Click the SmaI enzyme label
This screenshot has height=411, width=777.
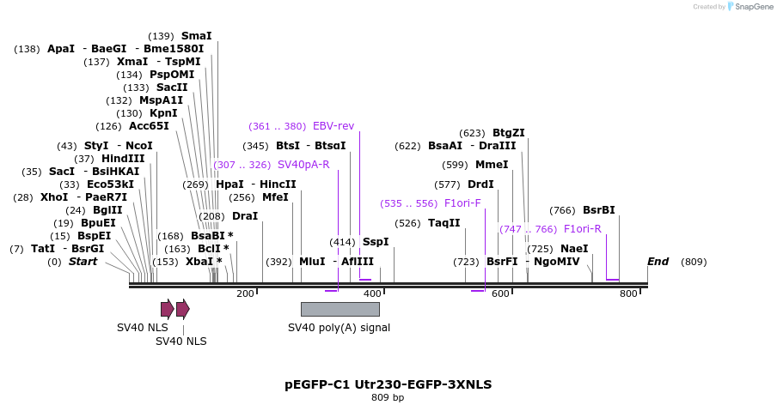(196, 36)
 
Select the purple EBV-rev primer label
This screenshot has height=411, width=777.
(333, 125)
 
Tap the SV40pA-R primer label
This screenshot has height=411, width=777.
(303, 164)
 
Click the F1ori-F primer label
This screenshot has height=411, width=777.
(462, 203)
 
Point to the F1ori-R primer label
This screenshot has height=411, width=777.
(582, 229)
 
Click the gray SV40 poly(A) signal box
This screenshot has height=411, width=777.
(340, 309)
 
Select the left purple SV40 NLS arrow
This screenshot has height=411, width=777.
(167, 309)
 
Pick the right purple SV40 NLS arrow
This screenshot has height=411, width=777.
(182, 309)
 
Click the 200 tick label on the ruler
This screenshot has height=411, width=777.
(245, 294)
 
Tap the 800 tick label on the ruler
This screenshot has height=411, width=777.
(628, 294)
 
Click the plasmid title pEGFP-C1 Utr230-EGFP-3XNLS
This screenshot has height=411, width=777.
(388, 384)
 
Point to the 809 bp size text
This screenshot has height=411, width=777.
(388, 398)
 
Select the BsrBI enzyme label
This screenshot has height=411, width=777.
(598, 210)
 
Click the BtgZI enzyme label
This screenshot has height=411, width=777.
(508, 133)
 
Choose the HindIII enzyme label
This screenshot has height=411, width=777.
(123, 159)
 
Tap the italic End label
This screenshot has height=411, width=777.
(658, 262)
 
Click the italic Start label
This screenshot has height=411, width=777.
(83, 262)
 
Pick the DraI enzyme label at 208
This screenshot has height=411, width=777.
(245, 216)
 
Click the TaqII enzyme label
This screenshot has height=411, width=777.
(444, 223)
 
